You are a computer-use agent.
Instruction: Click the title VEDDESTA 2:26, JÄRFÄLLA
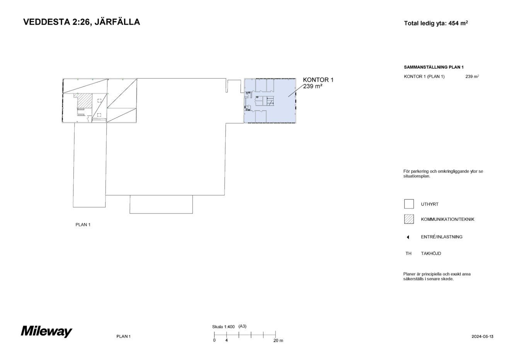click(82, 22)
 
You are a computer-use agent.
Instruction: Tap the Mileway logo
click(46, 332)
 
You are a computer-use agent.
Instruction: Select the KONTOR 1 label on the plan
click(318, 80)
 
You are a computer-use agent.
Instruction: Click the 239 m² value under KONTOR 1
click(313, 86)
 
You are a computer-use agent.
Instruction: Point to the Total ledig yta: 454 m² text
click(436, 23)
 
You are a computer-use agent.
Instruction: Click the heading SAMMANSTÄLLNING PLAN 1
click(434, 67)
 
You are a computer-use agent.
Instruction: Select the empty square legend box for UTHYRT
click(408, 204)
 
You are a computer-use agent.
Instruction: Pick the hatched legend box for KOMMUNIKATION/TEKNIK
click(408, 219)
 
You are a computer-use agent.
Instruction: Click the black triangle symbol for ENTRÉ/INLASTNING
click(408, 237)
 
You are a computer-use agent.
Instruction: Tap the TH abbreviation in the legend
click(408, 254)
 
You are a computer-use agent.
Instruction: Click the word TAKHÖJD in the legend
click(431, 254)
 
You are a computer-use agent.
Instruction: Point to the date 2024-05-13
click(482, 336)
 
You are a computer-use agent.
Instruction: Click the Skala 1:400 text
click(223, 327)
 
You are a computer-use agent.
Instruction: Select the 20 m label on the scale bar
click(278, 341)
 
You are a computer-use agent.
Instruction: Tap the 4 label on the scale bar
click(226, 341)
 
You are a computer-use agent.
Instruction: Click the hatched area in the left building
click(85, 100)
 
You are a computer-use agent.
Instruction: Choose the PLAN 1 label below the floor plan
click(83, 225)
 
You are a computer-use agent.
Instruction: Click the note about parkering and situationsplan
click(443, 174)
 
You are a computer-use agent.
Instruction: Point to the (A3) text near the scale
click(243, 326)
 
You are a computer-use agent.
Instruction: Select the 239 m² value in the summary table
click(472, 77)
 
